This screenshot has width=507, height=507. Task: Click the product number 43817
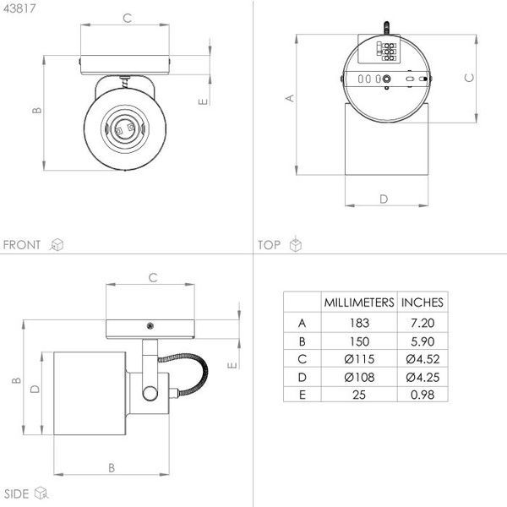click(x=19, y=8)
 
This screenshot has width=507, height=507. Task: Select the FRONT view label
click(x=22, y=245)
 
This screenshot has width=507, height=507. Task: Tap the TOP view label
click(x=269, y=245)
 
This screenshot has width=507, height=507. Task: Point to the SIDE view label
click(x=16, y=493)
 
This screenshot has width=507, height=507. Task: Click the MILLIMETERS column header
click(x=359, y=303)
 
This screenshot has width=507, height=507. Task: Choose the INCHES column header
click(x=422, y=303)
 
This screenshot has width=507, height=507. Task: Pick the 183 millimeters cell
click(x=359, y=323)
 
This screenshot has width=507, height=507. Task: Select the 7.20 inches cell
click(x=422, y=323)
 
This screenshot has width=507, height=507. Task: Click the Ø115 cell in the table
click(x=359, y=359)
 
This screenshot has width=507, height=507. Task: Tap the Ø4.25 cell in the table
click(x=422, y=378)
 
